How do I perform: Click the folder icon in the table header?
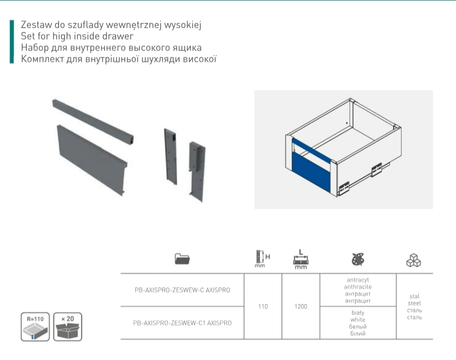click(182, 259)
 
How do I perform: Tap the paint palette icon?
click(358, 259)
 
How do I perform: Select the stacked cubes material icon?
click(414, 260)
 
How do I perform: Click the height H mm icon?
click(262, 259)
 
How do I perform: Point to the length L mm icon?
click(300, 259)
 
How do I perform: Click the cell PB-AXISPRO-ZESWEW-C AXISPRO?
click(182, 290)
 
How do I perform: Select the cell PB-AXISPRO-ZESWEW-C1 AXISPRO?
click(182, 323)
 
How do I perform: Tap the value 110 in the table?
click(263, 306)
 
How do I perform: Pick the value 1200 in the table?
click(300, 306)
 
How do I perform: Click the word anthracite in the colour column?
click(358, 287)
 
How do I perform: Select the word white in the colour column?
click(358, 320)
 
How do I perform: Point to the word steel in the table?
click(415, 303)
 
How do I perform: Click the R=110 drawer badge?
click(35, 327)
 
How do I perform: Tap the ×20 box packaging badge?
click(68, 327)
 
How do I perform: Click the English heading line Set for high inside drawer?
click(77, 36)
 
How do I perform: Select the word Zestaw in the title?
click(36, 25)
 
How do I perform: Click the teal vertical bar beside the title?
click(12, 41)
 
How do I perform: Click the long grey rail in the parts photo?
click(93, 121)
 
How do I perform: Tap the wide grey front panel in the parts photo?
click(92, 160)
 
